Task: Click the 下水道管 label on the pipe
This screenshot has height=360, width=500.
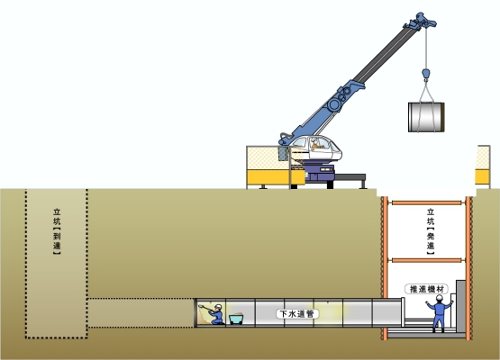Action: (x=297, y=314)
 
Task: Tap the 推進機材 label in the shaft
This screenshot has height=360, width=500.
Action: (x=427, y=289)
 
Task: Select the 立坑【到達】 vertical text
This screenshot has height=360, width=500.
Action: (x=57, y=231)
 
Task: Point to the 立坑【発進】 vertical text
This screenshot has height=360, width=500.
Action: (x=431, y=231)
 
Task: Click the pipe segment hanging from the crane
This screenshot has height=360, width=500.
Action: (x=426, y=117)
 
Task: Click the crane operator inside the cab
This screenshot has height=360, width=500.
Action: (x=316, y=143)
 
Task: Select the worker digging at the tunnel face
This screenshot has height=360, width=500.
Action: (x=216, y=314)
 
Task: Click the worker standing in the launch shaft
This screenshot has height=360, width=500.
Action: (x=439, y=313)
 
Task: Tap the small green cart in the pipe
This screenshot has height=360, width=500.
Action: (x=236, y=319)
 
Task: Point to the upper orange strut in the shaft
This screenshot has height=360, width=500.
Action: (x=427, y=202)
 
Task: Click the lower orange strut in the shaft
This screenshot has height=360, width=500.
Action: (x=427, y=260)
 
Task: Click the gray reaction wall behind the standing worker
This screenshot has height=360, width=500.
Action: (x=460, y=305)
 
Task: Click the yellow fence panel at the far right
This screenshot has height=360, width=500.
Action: (x=483, y=165)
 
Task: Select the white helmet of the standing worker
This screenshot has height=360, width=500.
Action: (x=440, y=298)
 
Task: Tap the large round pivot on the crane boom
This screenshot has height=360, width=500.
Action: (x=334, y=104)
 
